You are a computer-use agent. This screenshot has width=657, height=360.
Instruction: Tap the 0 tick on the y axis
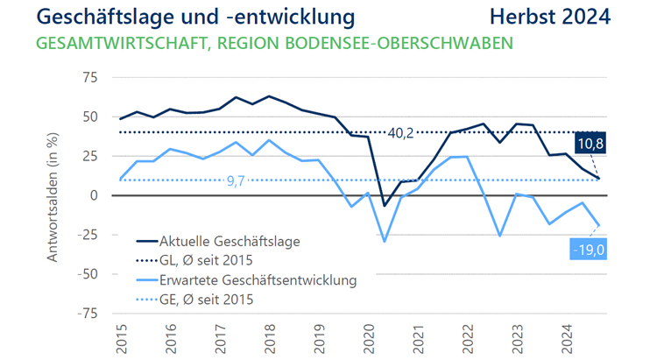coord(92,195)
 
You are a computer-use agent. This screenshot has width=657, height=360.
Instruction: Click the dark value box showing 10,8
coord(589,143)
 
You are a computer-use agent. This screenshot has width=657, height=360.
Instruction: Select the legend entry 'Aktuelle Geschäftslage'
coord(229,241)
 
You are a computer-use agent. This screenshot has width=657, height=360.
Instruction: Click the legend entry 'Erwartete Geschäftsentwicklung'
coord(258,280)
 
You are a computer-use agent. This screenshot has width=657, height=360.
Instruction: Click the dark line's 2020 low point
coord(384,206)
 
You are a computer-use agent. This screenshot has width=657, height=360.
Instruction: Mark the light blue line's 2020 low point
coord(384,241)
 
